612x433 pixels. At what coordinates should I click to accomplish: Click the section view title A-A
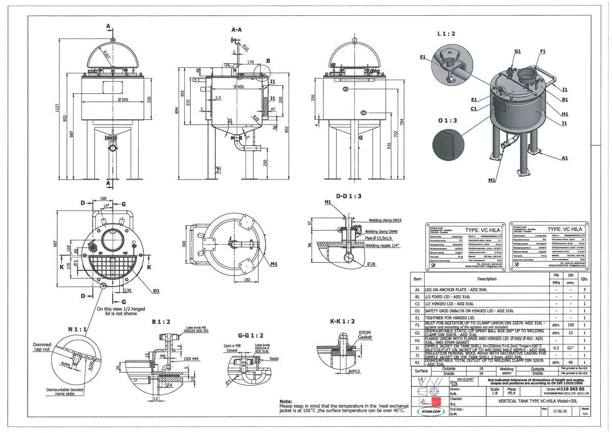237,30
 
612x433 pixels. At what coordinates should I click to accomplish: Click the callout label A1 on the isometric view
565,158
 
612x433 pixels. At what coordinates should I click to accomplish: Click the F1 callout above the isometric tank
543,52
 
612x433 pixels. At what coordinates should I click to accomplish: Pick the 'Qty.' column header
584,279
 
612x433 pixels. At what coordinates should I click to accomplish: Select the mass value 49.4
483,394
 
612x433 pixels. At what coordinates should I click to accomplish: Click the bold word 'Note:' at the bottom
286,401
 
